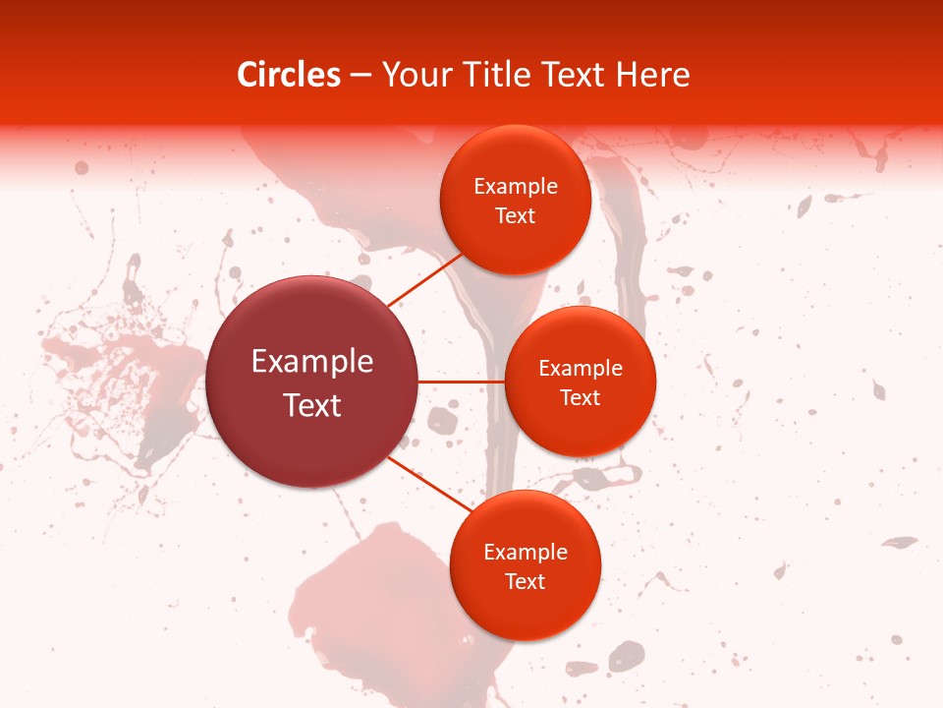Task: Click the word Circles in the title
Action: tap(289, 75)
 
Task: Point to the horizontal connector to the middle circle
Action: tap(462, 382)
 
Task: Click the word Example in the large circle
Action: tap(312, 361)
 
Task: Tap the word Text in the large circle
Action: tap(312, 404)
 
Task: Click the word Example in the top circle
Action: tap(516, 186)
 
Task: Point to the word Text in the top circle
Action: tap(516, 215)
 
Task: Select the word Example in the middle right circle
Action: tap(581, 368)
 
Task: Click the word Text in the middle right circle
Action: tap(581, 397)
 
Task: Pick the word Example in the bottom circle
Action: tap(526, 552)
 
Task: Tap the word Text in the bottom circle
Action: tap(526, 581)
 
